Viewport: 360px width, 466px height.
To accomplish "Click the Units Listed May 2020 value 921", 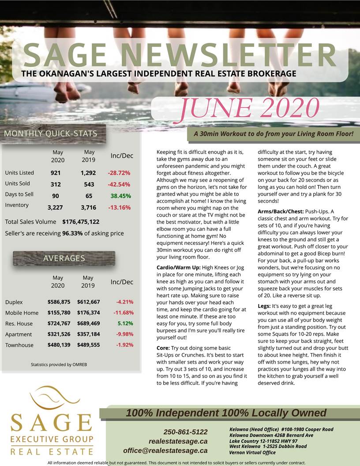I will coord(56,173).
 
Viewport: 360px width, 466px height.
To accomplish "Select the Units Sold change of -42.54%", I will coord(119,184).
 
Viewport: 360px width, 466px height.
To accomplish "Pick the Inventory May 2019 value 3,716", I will coord(88,207).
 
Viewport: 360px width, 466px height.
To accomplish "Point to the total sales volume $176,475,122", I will coord(81,222).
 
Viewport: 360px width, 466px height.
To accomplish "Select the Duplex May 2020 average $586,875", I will coord(59,302).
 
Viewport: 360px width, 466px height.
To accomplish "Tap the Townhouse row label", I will coord(19,345).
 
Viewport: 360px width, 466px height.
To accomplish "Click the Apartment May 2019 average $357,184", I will coord(88,334).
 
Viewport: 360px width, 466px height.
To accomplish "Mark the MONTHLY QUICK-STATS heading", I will coord(50,134).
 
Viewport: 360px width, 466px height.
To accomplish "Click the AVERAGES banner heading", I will coord(64,258).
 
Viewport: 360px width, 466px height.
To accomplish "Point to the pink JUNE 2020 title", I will coord(249,109).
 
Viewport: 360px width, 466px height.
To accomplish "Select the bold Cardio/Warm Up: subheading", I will coord(179,267).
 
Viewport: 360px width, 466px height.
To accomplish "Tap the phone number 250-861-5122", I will coord(185,432).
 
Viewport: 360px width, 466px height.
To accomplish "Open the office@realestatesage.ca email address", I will coord(165,451).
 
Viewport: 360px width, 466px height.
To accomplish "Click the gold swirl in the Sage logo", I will coord(52,398).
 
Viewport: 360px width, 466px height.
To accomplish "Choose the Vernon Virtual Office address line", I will coord(252,452).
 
